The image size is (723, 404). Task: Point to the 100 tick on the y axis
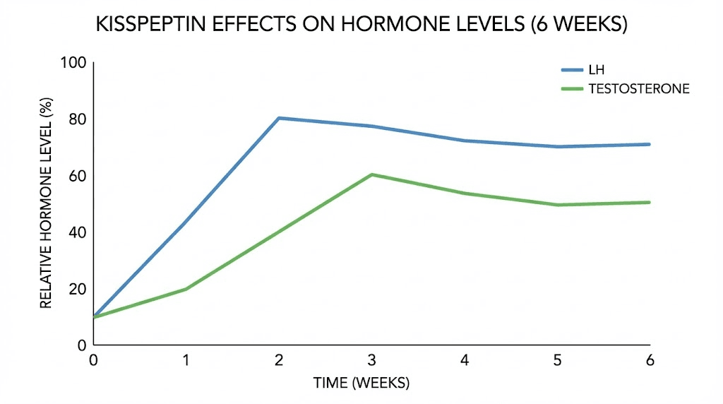pyautogui.click(x=73, y=63)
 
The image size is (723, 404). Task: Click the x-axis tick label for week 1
pyautogui.click(x=186, y=360)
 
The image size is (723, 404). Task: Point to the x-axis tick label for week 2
pyautogui.click(x=279, y=360)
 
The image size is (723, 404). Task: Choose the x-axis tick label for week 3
pyautogui.click(x=371, y=360)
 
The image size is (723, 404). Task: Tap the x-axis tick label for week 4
pyautogui.click(x=465, y=360)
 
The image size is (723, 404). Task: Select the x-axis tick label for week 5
pyautogui.click(x=557, y=360)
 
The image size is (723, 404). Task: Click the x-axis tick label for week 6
pyautogui.click(x=650, y=360)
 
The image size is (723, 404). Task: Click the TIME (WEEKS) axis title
pyautogui.click(x=361, y=384)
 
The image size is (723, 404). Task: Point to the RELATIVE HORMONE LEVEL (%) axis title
pyautogui.click(x=46, y=205)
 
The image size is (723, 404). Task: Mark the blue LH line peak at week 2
pyautogui.click(x=279, y=118)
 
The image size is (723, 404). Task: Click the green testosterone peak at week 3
pyautogui.click(x=371, y=174)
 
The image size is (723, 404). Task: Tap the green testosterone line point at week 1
pyautogui.click(x=186, y=289)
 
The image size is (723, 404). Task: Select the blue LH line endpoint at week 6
pyautogui.click(x=649, y=144)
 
